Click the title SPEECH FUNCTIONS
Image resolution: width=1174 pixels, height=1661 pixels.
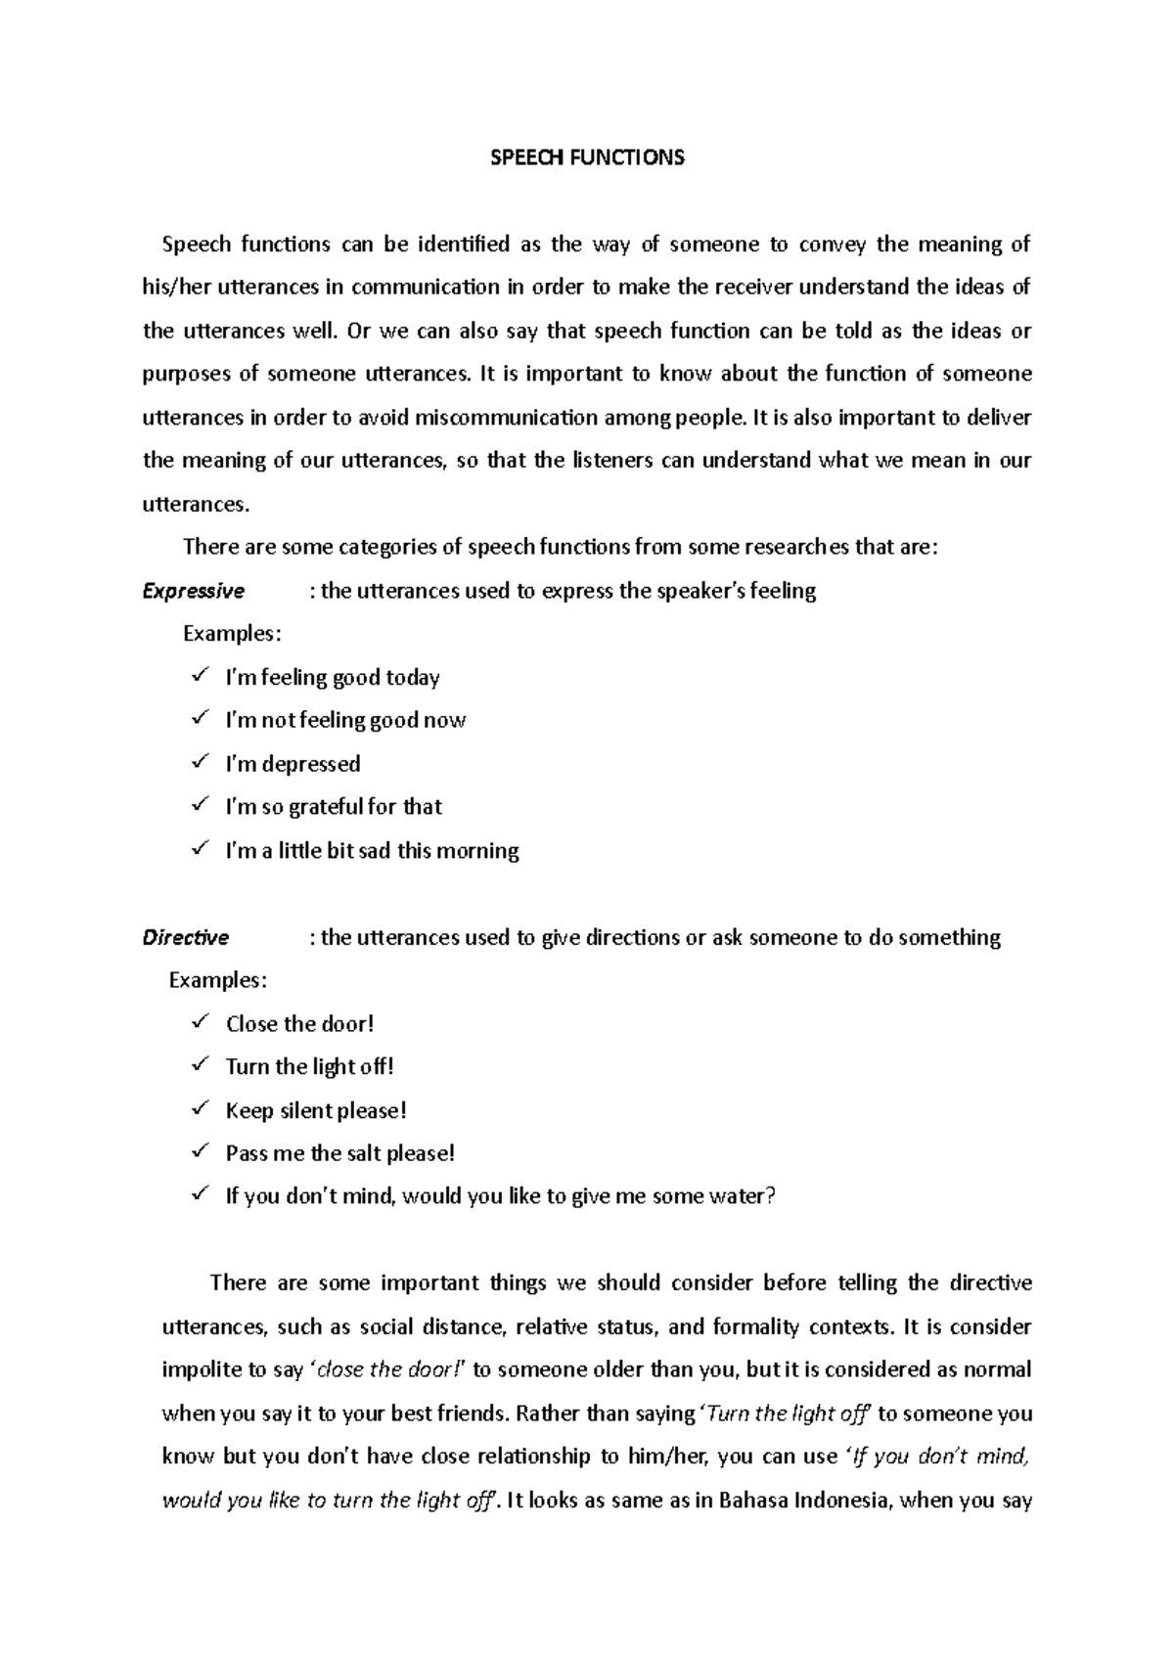click(587, 157)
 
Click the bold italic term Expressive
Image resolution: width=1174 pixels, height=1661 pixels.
click(194, 591)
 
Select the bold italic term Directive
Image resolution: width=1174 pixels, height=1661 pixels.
click(186, 937)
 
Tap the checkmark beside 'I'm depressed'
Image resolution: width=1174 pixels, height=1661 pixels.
click(200, 761)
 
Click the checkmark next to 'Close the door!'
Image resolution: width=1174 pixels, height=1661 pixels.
click(200, 1021)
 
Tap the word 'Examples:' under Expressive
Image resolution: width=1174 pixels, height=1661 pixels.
click(232, 634)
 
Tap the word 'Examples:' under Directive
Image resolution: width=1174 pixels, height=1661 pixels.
click(217, 980)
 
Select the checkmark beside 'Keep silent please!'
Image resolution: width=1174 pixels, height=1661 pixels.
click(200, 1108)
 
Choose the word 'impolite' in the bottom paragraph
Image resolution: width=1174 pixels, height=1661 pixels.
click(200, 1369)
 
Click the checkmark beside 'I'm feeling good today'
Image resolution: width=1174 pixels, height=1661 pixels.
click(200, 675)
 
